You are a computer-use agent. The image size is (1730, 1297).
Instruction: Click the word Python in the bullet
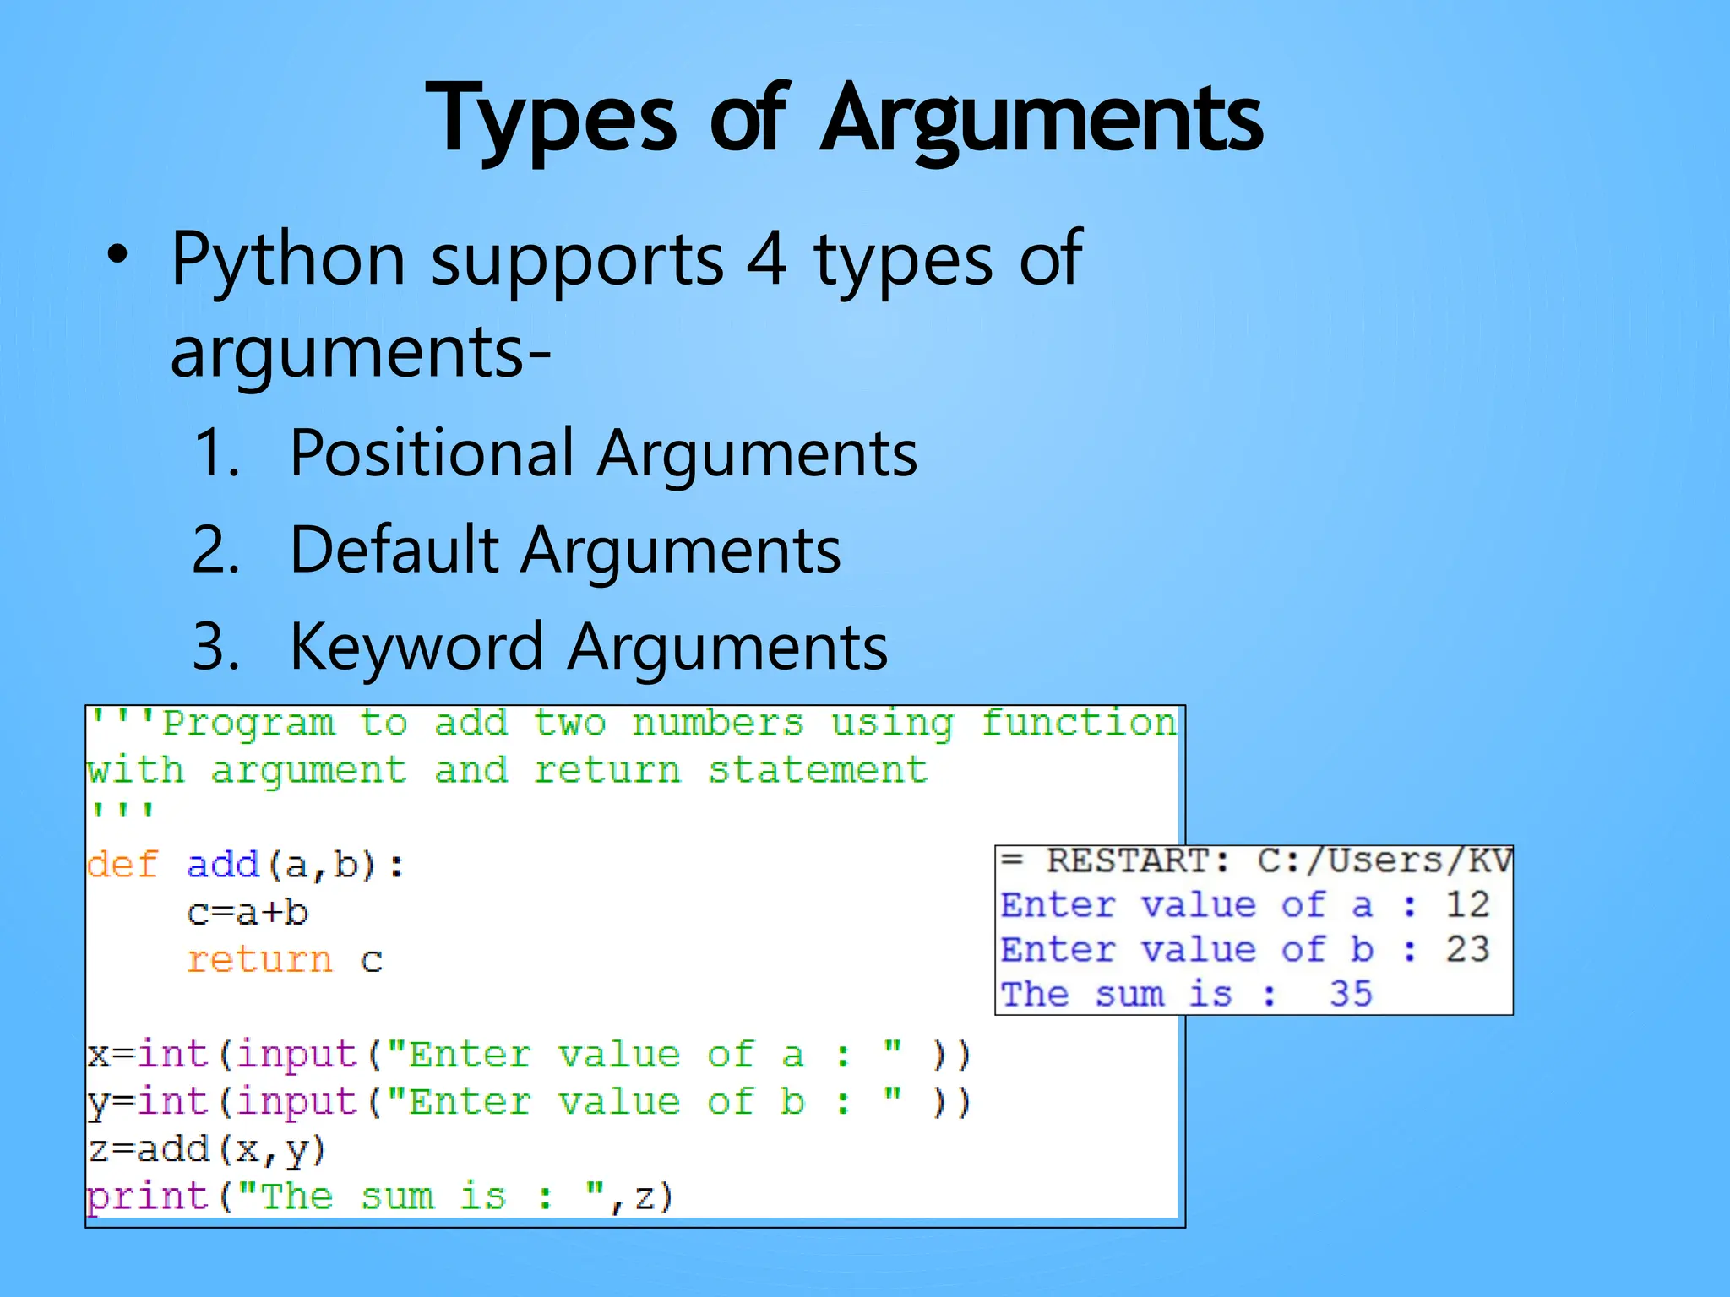(287, 259)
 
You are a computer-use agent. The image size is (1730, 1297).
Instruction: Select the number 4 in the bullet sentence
(766, 259)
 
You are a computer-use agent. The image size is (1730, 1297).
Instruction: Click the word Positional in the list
(431, 453)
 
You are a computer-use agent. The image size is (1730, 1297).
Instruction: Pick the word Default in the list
(394, 550)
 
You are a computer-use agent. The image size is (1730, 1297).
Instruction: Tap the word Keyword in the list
(416, 647)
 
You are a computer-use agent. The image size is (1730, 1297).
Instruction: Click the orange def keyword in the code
(122, 865)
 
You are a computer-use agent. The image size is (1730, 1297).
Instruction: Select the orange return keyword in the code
(259, 960)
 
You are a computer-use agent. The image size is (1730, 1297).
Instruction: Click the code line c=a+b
(248, 913)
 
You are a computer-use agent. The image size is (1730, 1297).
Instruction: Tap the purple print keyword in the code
(148, 1197)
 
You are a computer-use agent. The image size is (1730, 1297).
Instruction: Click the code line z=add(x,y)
(207, 1149)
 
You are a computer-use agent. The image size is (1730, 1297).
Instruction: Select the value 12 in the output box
(1467, 904)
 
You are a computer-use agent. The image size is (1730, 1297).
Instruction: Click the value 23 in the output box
(1467, 949)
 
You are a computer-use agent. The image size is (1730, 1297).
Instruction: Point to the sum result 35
(1351, 994)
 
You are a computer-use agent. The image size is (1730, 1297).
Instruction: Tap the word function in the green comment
(1079, 724)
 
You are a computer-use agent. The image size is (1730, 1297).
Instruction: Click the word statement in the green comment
(817, 770)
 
